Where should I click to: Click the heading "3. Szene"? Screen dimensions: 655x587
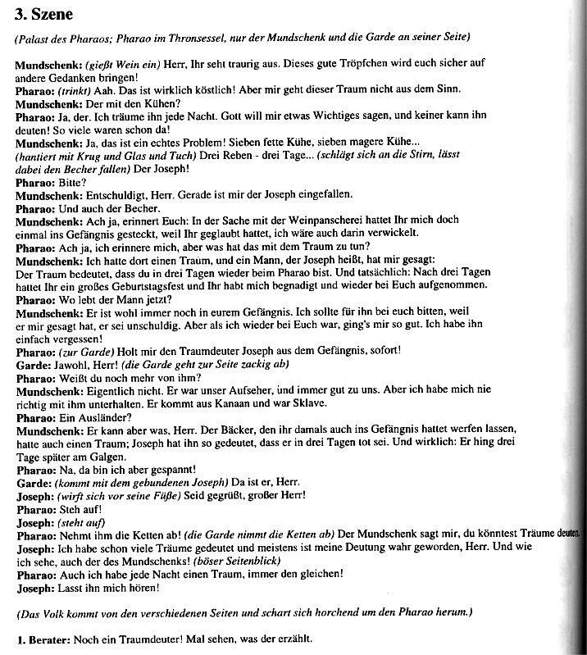(x=43, y=13)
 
